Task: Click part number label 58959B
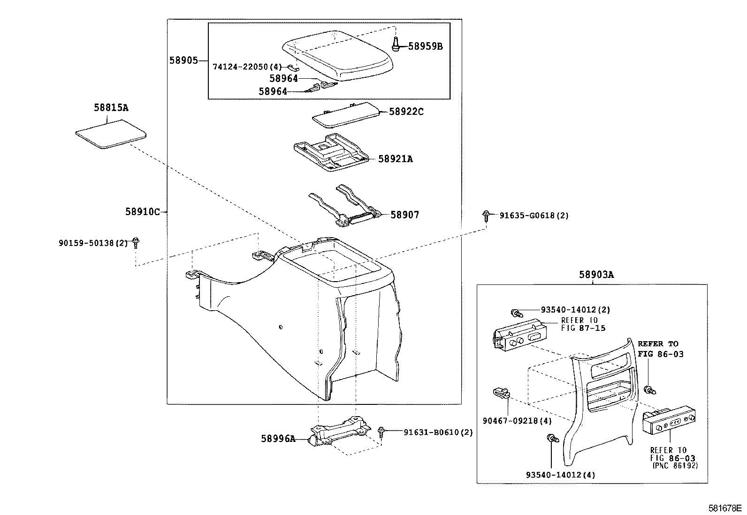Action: [425, 46]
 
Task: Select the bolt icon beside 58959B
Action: [396, 44]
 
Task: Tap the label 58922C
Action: [406, 112]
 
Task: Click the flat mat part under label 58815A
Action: [111, 134]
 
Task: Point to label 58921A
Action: [396, 159]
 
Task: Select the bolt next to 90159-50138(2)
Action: [136, 242]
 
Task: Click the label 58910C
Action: [143, 212]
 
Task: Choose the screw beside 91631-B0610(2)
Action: [381, 432]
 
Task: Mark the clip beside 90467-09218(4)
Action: [501, 393]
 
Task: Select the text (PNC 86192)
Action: [675, 466]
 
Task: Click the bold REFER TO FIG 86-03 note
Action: [660, 349]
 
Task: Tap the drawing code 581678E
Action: [725, 508]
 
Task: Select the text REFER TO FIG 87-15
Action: [583, 324]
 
